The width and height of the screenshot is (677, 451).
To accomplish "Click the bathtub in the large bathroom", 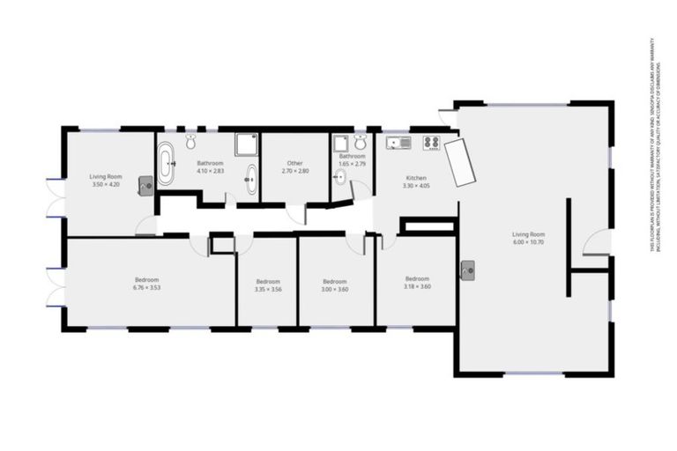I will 167,164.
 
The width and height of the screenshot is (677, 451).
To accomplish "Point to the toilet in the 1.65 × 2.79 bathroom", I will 359,144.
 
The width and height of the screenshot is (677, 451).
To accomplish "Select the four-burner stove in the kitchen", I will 431,143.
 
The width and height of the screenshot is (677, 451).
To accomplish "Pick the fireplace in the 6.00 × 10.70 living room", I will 467,270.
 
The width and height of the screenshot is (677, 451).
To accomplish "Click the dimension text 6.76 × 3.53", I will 146,287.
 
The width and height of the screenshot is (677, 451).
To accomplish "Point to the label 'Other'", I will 295,163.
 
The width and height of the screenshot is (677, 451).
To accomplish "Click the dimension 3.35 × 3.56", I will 267,289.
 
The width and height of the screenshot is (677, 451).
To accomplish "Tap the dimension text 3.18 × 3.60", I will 416,286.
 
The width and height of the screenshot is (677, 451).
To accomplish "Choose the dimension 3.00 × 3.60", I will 334,289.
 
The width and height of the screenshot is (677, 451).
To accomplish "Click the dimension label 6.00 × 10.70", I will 530,241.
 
